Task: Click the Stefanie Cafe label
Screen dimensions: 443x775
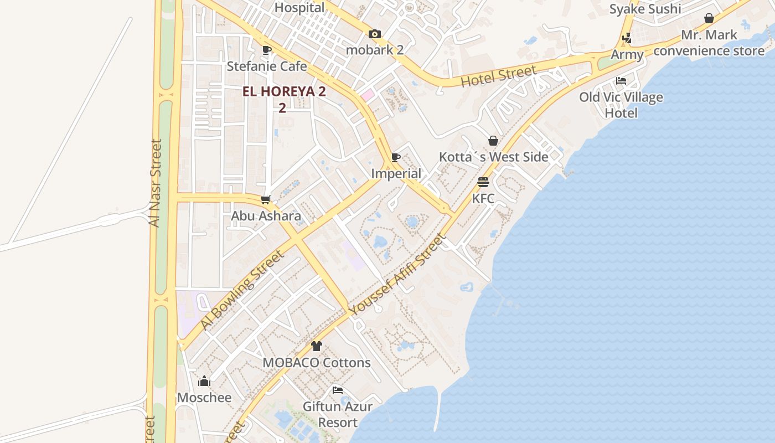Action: [267, 66]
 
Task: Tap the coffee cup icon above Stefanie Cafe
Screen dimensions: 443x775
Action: [266, 50]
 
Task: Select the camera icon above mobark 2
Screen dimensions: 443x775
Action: [375, 34]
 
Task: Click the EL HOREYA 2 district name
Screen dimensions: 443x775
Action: [284, 92]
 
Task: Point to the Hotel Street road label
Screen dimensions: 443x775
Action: [499, 76]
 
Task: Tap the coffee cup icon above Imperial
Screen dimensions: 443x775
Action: [396, 157]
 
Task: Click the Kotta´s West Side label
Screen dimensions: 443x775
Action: [493, 157]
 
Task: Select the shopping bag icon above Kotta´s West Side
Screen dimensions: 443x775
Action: [493, 141]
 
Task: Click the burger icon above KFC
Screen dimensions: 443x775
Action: [483, 182]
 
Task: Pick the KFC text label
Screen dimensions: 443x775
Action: [483, 198]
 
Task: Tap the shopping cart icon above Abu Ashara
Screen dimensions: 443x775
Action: [266, 200]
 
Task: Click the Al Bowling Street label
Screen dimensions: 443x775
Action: [242, 290]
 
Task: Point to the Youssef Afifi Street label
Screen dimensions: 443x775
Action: [397, 276]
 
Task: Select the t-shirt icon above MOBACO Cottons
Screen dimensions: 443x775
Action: [316, 347]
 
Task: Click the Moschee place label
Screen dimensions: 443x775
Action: [204, 398]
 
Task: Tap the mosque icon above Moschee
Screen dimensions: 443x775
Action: [204, 382]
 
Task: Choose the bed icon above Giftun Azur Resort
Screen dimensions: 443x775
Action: [338, 390]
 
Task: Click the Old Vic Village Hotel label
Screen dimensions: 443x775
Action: [621, 105]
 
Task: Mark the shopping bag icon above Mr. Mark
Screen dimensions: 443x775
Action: [709, 19]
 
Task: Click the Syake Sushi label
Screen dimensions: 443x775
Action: [645, 9]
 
